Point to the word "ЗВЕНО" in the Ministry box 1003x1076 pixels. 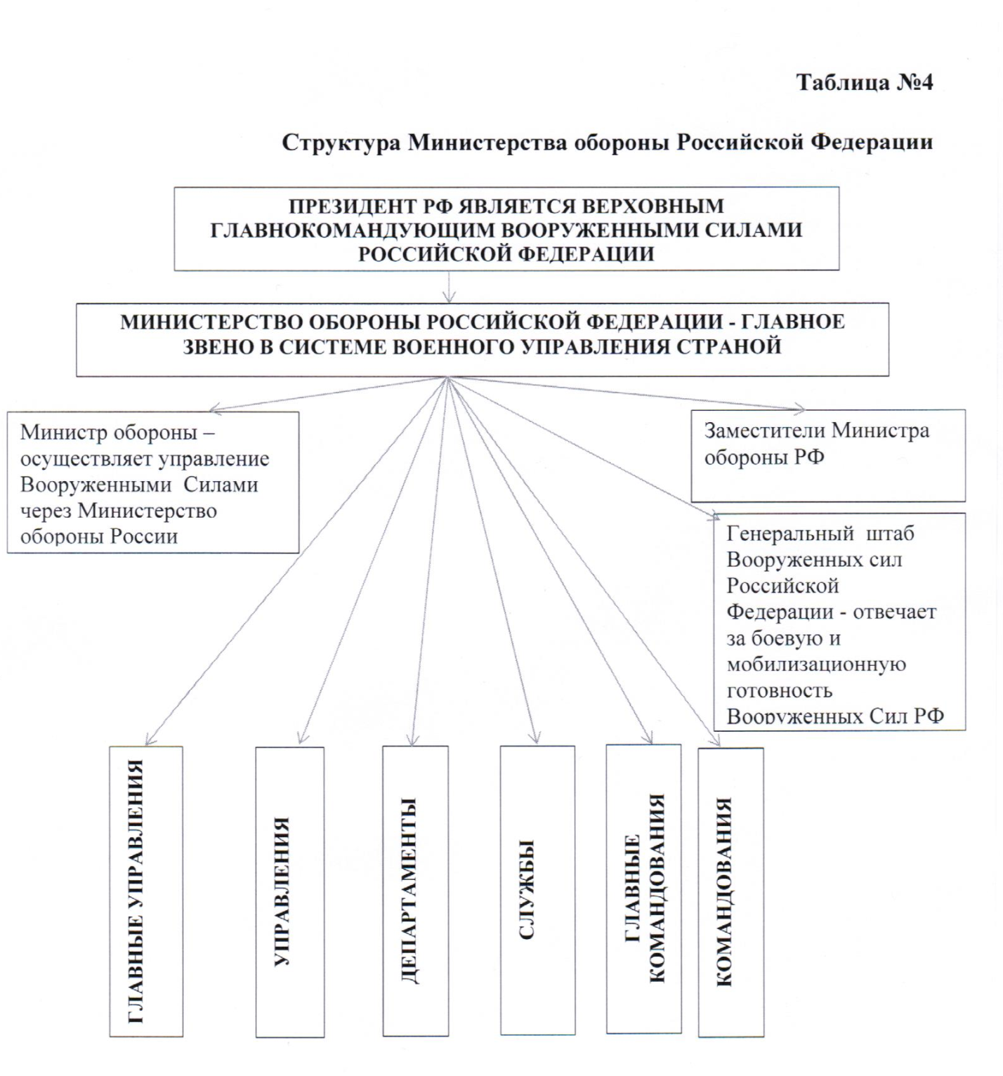click(x=216, y=346)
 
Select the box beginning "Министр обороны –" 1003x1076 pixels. click(x=152, y=483)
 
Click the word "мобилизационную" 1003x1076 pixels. click(x=816, y=664)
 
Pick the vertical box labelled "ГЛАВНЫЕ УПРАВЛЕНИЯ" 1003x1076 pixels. click(x=146, y=891)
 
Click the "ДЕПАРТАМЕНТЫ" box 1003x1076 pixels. click(x=415, y=891)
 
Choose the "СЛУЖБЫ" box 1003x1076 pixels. click(x=537, y=891)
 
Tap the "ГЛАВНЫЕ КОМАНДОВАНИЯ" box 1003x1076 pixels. click(x=643, y=888)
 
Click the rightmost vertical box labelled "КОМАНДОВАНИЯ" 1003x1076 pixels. click(x=730, y=892)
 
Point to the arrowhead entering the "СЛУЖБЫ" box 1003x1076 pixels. click(x=535, y=738)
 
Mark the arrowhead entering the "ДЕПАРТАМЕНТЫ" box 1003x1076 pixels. click(x=413, y=739)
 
